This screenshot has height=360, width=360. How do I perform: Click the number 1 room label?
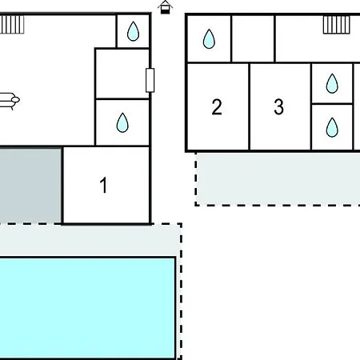tap(103, 185)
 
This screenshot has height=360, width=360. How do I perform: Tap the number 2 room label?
tap(217, 107)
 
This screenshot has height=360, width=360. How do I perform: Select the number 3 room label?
tap(279, 107)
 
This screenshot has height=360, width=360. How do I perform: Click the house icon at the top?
tap(166, 7)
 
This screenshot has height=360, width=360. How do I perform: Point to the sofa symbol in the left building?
tap(10, 101)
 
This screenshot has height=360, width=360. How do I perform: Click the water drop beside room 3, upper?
tap(332, 83)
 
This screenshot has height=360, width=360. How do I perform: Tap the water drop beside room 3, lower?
tap(332, 127)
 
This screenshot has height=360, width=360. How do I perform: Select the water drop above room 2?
tap(209, 39)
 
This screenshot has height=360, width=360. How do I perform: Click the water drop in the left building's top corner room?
tap(133, 31)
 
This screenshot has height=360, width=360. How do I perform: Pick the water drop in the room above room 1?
tap(122, 122)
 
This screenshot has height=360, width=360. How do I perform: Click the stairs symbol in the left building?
tap(12, 25)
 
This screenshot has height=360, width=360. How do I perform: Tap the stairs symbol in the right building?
tap(336, 25)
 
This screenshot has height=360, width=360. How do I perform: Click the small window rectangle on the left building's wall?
tap(150, 80)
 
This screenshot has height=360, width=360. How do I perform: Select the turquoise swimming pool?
tap(87, 308)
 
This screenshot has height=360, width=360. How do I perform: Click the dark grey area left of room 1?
tap(30, 186)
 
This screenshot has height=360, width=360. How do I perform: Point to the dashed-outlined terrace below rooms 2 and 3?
tap(278, 179)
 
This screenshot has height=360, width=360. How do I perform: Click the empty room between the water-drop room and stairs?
tap(253, 38)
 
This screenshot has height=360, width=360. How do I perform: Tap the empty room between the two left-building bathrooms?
tap(122, 74)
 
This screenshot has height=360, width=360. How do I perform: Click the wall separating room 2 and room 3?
tap(250, 106)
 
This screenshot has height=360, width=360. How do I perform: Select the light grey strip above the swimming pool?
tap(90, 241)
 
